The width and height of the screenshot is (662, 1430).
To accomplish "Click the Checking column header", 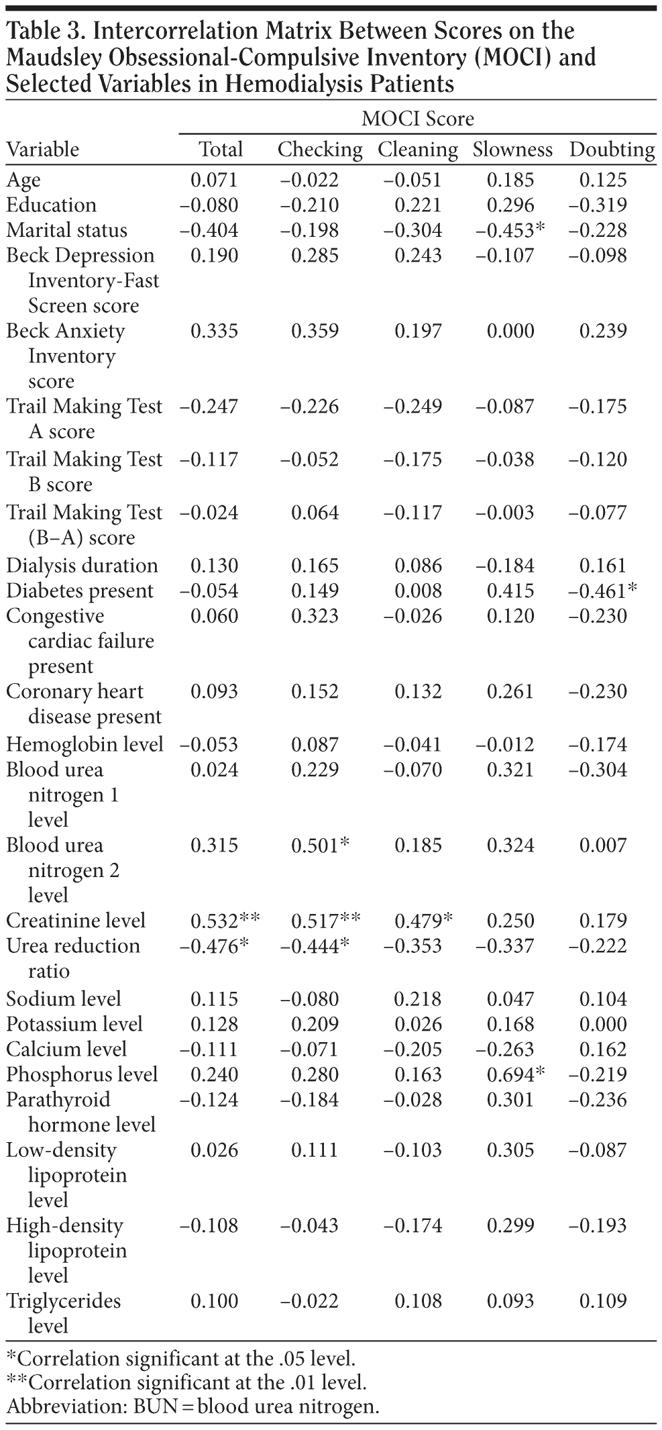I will [320, 149].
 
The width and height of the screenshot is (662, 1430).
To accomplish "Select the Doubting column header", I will [612, 149].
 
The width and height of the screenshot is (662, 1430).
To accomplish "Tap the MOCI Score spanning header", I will [417, 119].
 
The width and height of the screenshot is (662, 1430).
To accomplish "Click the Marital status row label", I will [66, 230].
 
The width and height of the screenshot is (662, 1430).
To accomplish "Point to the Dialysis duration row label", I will [82, 566].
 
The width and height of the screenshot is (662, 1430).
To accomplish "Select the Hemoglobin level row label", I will [85, 744].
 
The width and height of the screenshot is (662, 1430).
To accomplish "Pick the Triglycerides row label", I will [64, 1300].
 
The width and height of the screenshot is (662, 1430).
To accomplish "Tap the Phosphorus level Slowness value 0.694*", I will [516, 1074].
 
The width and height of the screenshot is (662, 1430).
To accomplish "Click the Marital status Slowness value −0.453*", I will [510, 230].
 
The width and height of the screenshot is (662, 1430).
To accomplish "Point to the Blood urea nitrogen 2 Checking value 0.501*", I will [320, 845].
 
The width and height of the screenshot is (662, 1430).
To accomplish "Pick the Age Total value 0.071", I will [214, 180].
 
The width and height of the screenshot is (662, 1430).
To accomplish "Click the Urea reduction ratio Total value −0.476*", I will [215, 946].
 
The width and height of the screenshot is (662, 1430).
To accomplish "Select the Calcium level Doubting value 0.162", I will [603, 1050].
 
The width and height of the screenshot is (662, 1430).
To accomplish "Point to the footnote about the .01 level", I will [186, 1383].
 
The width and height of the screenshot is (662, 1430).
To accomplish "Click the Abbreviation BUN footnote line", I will [192, 1407].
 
